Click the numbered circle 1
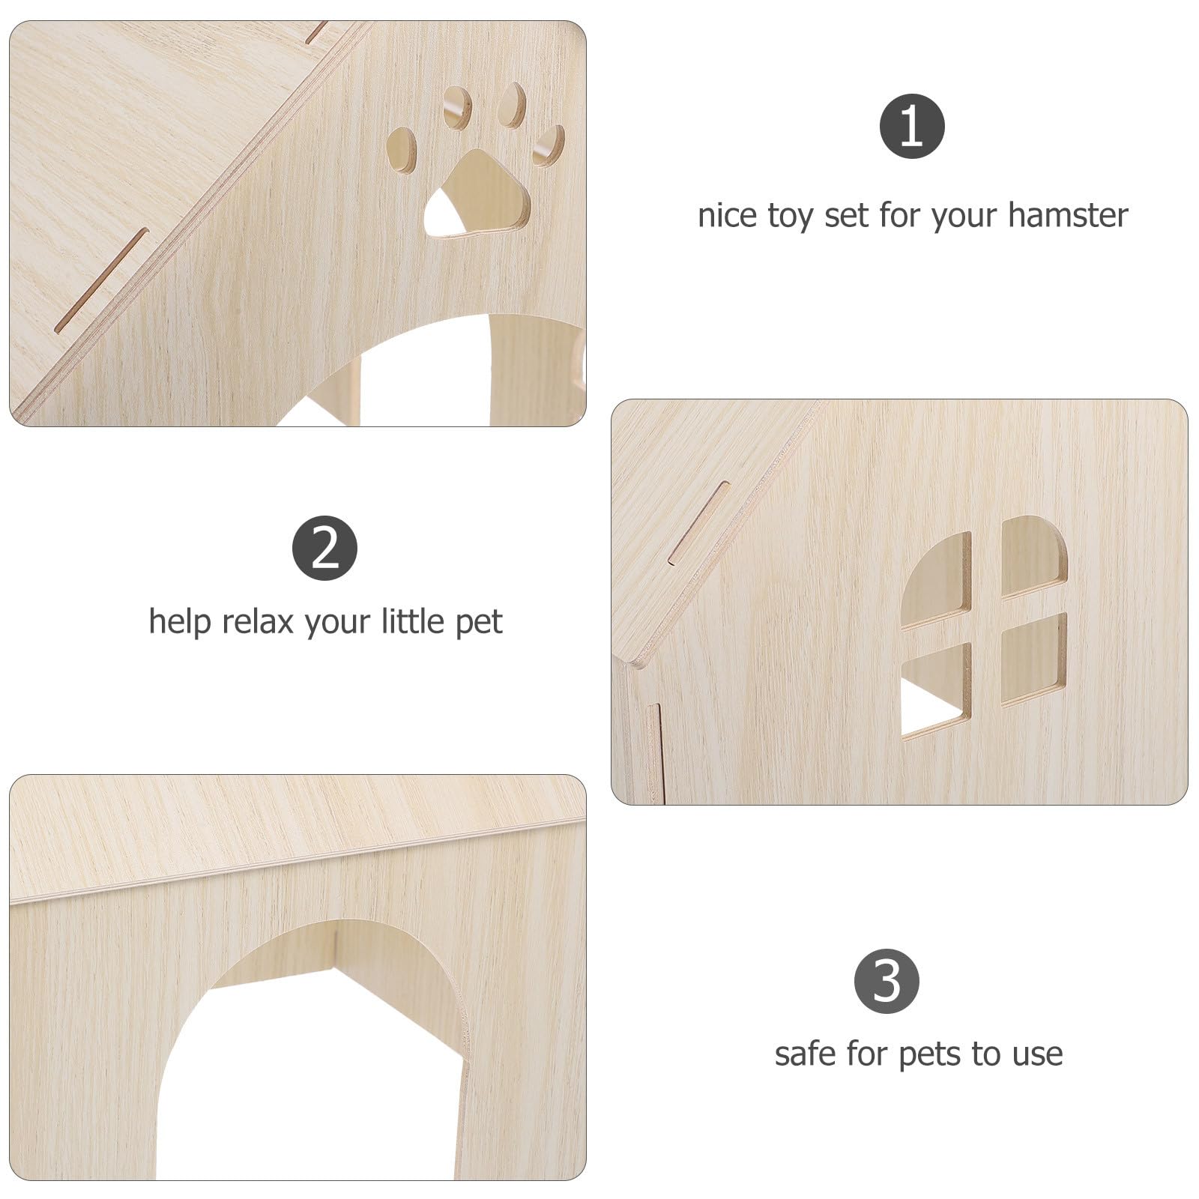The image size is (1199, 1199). click(x=911, y=126)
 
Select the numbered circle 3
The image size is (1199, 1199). click(x=887, y=981)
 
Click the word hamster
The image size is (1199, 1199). click(x=1068, y=215)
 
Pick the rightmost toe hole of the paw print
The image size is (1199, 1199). click(x=549, y=145)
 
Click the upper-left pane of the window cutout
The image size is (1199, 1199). click(x=936, y=579)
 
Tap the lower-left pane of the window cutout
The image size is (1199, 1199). click(x=936, y=691)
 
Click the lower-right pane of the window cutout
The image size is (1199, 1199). click(x=1035, y=659)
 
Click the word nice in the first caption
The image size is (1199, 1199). click(x=728, y=215)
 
